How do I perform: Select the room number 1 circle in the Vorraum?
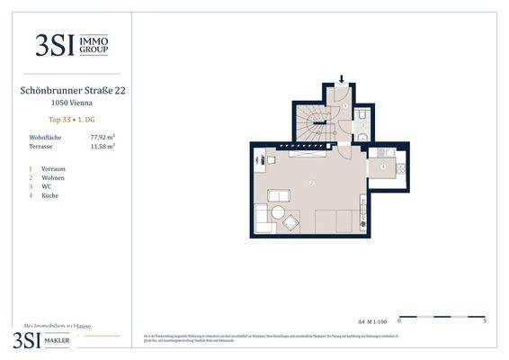345,106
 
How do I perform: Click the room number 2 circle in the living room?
311,184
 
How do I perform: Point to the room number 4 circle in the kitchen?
383,166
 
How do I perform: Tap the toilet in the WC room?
361,117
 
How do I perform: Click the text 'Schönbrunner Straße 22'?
71,90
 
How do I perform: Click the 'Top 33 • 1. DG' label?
71,120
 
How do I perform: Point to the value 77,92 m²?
103,136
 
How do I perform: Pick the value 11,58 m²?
103,145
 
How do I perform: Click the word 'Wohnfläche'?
45,136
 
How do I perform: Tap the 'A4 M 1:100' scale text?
372,320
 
